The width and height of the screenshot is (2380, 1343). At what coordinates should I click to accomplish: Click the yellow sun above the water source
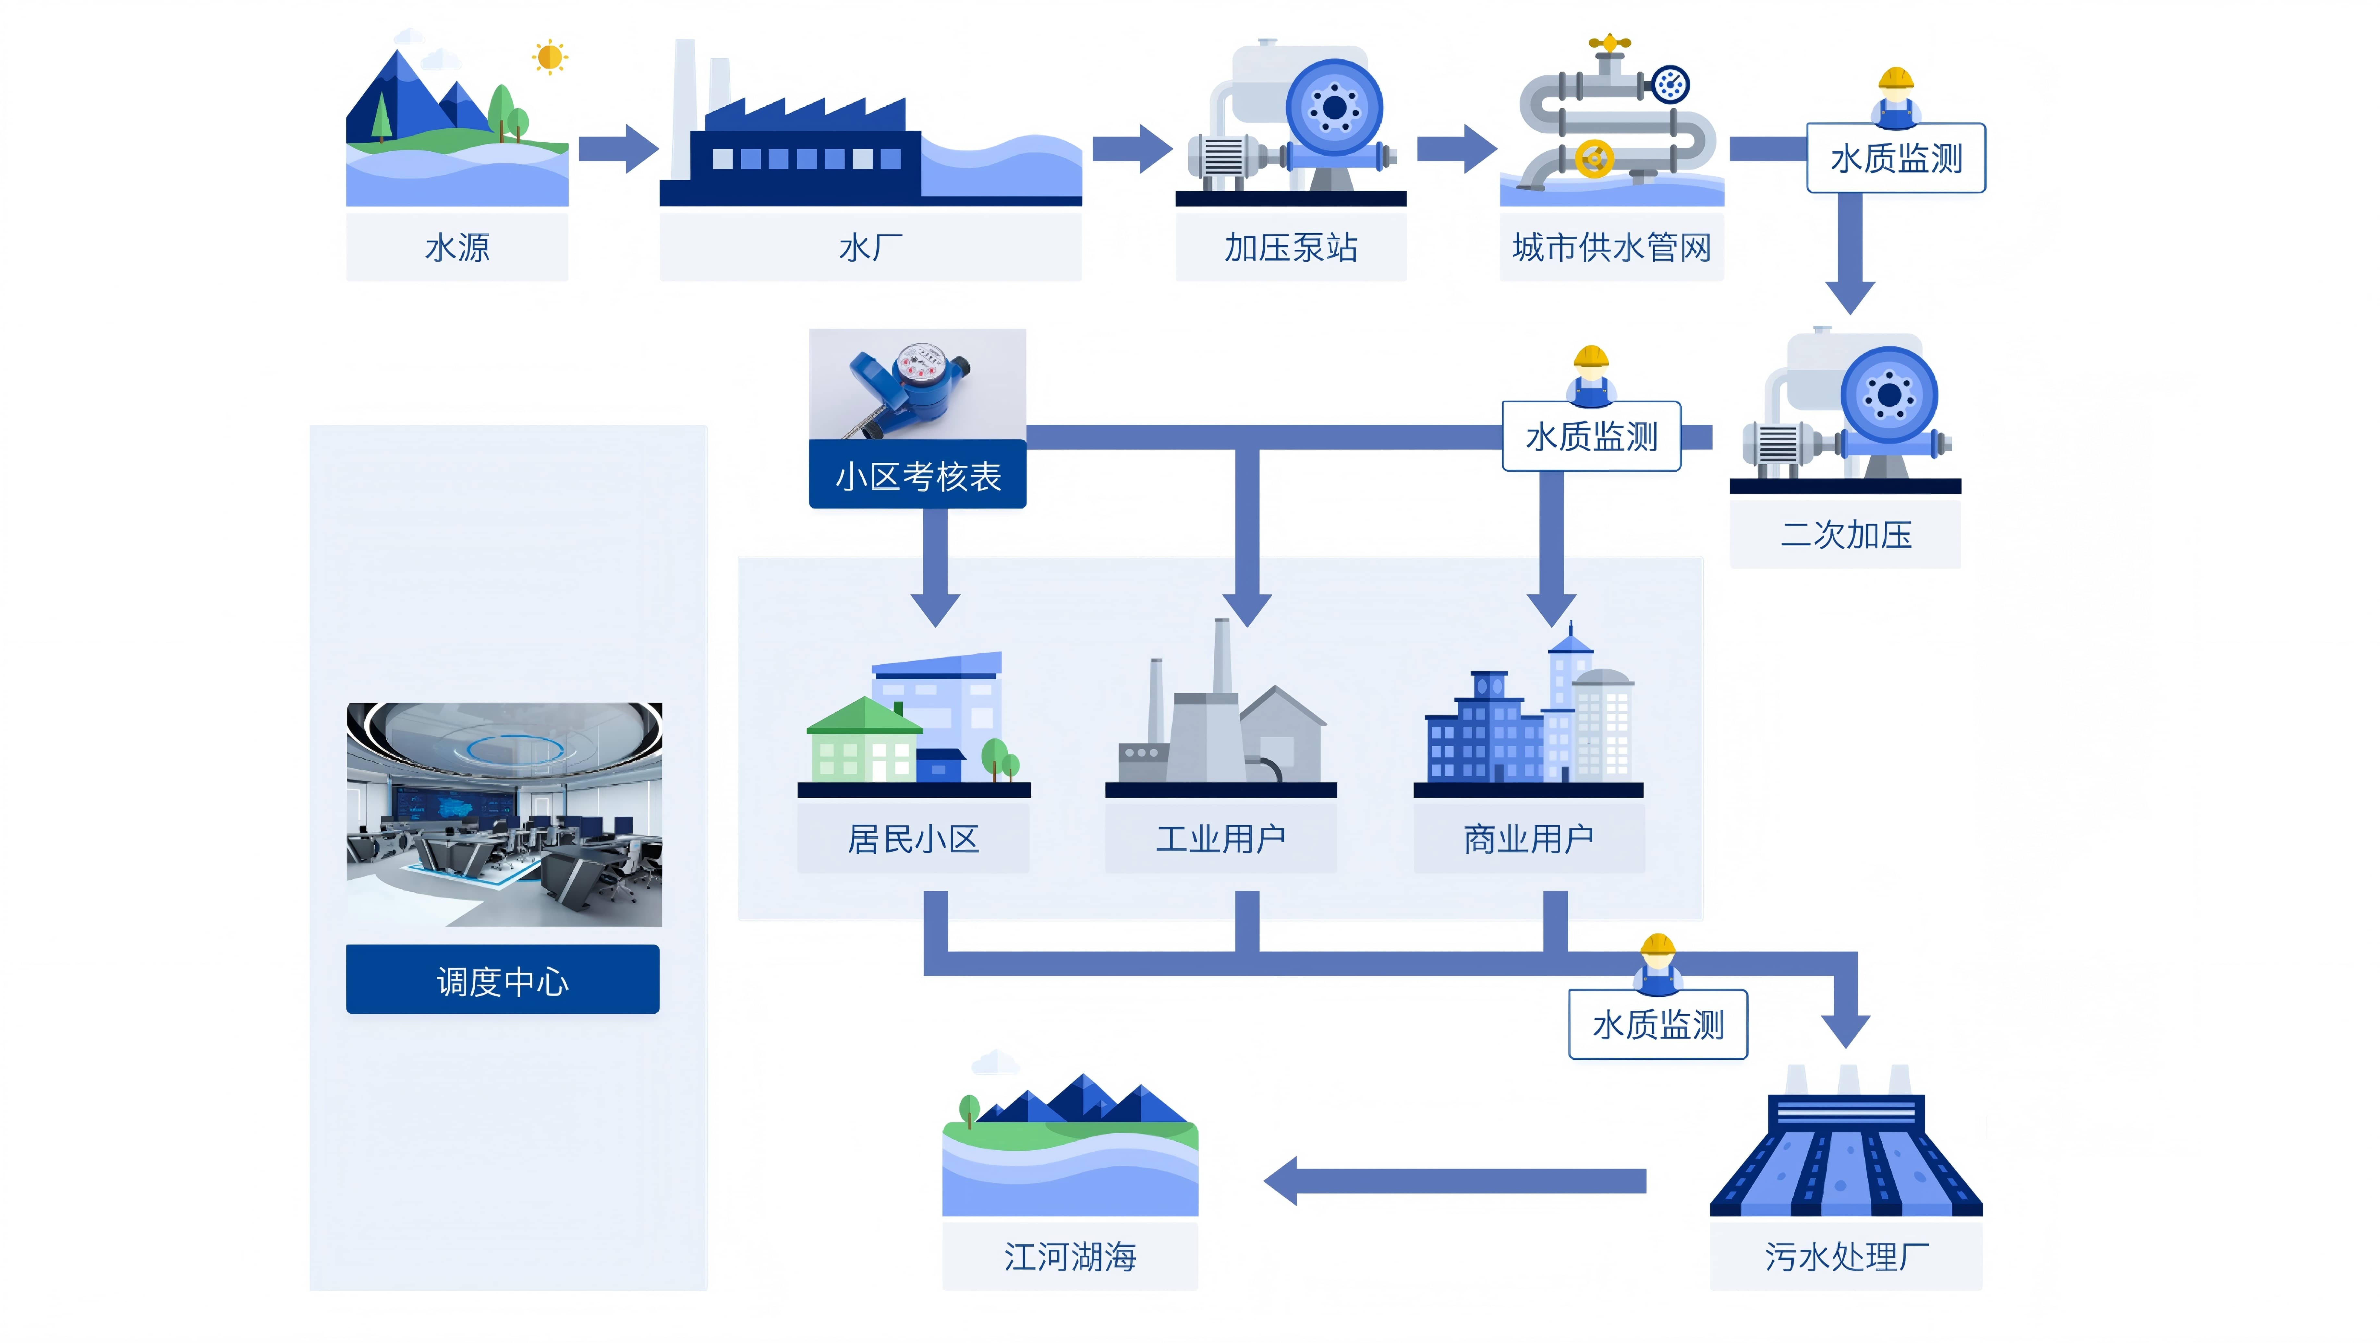[550, 57]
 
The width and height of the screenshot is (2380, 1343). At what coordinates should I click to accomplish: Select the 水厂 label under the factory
[870, 247]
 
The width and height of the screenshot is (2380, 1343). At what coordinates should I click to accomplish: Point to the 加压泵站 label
[1291, 247]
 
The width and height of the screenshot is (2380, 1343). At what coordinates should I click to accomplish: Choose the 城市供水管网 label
[1611, 247]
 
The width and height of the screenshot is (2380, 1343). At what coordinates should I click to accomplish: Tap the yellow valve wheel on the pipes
[1594, 159]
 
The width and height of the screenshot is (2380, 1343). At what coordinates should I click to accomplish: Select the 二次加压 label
[1845, 535]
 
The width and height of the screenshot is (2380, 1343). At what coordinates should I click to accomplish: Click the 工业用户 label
[1220, 839]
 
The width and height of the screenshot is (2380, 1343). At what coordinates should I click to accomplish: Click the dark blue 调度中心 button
[503, 980]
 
